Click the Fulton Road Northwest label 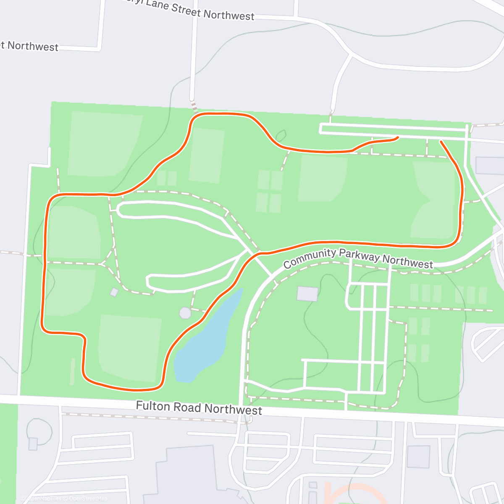[x=199, y=408]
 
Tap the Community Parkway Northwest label [x=358, y=258]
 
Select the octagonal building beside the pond [x=185, y=313]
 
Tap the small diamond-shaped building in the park [x=114, y=292]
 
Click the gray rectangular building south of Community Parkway [x=307, y=294]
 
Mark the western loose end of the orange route [x=397, y=137]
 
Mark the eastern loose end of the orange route [x=441, y=142]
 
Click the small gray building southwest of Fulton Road [x=33, y=444]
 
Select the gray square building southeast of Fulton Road [x=418, y=457]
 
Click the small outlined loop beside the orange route [x=281, y=136]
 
